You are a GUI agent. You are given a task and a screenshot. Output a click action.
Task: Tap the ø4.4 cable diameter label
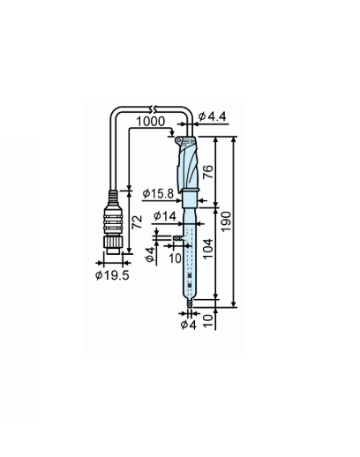(212, 116)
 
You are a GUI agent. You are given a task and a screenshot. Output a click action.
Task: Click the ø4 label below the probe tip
(187, 325)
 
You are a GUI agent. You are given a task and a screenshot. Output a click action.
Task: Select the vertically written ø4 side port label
(149, 253)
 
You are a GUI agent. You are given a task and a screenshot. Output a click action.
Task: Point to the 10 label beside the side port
(175, 258)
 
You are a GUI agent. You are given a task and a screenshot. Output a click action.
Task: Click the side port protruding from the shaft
(178, 237)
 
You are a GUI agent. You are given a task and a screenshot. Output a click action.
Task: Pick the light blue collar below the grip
(191, 199)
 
